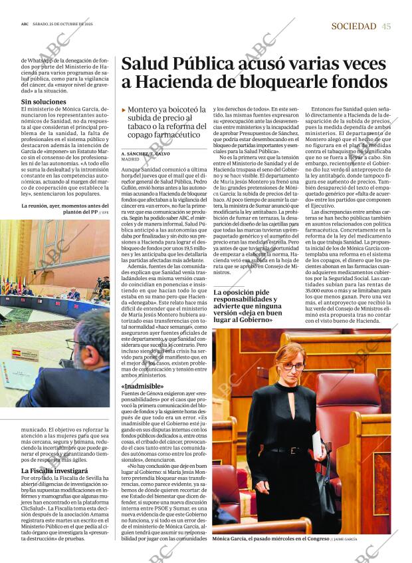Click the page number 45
tap(386, 26)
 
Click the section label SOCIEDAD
tap(354, 26)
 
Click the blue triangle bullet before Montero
tap(124, 109)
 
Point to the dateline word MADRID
tap(130, 160)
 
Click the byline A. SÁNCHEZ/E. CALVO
tap(146, 154)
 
